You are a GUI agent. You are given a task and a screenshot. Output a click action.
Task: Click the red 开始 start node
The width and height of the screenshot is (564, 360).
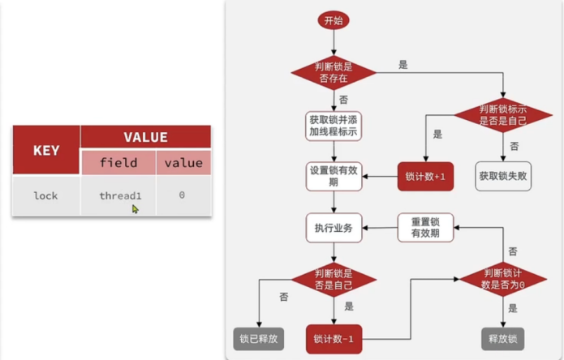tap(333, 21)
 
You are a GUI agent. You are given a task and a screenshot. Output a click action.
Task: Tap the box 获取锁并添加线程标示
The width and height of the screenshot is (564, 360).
tap(333, 125)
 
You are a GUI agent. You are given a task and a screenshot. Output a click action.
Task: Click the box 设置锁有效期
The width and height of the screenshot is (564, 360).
tap(333, 177)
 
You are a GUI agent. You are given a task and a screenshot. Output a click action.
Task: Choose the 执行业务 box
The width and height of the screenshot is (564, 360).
tap(333, 228)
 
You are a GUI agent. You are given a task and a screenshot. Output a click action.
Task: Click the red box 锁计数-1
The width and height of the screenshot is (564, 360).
tap(333, 338)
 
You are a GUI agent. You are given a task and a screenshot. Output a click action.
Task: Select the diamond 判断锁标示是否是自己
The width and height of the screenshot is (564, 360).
tap(504, 115)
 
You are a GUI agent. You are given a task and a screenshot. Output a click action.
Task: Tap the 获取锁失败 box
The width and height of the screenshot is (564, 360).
tap(504, 176)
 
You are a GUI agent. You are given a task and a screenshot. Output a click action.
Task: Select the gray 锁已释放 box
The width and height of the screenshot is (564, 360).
tap(258, 338)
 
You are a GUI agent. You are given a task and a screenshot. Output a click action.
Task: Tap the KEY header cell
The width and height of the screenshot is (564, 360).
tap(45, 150)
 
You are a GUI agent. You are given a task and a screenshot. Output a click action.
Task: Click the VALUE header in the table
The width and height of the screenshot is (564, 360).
tap(145, 137)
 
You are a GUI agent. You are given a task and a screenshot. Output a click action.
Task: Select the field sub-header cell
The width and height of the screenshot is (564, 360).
tap(118, 163)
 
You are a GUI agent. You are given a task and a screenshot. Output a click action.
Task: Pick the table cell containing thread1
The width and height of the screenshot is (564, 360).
tap(119, 195)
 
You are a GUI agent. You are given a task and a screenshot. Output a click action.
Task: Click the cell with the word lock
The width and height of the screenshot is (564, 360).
tap(45, 195)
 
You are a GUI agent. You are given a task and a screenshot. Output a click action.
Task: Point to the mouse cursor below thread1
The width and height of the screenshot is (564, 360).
tap(135, 208)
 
